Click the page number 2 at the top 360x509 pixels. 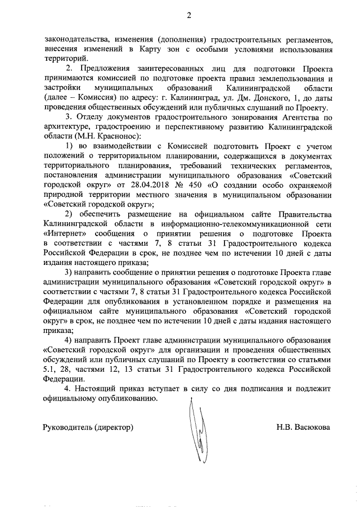point(190,15)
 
